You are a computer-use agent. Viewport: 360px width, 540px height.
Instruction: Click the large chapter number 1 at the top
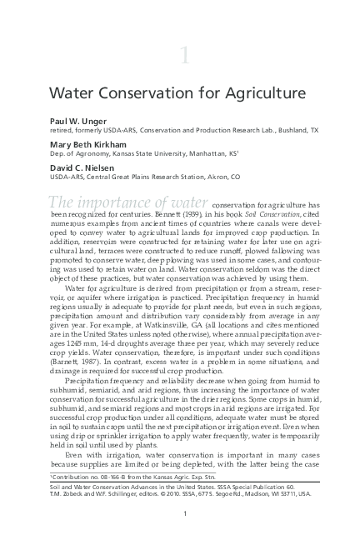[x=183, y=55]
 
